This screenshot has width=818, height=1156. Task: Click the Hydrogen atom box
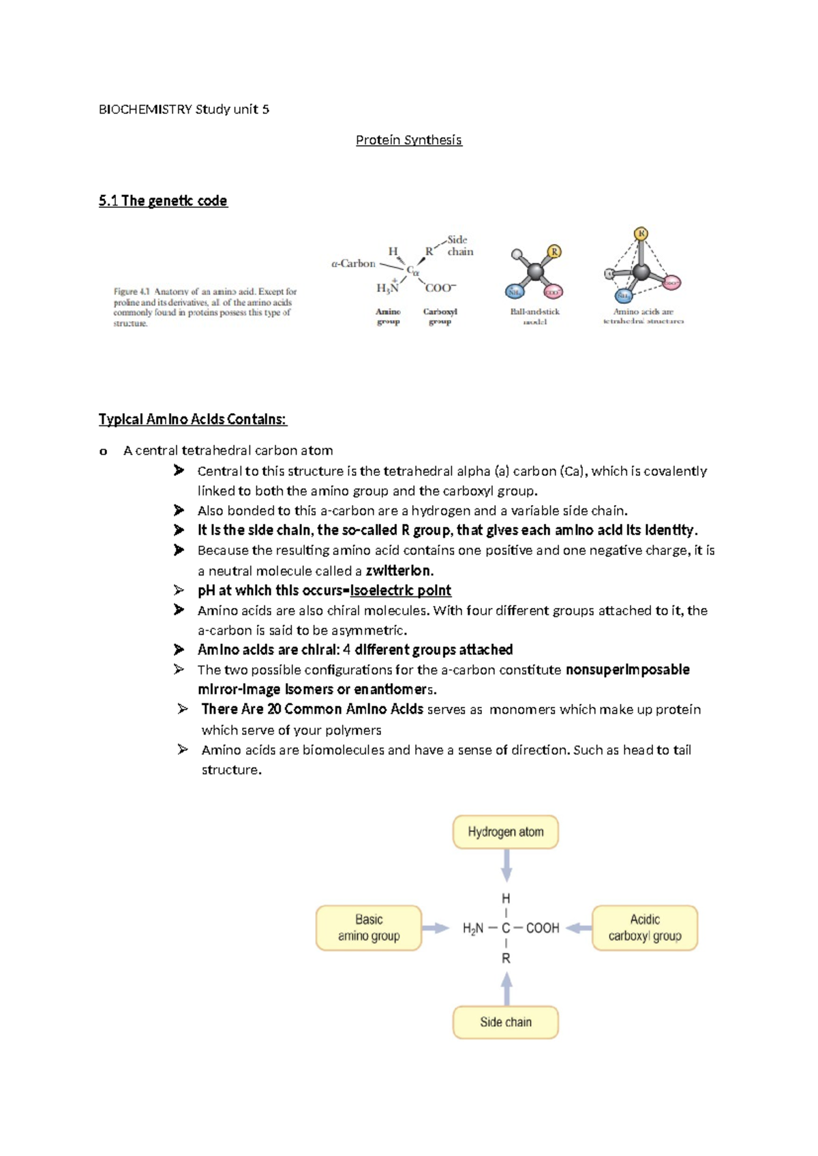[x=505, y=832]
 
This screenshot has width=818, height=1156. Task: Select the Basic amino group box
[x=369, y=928]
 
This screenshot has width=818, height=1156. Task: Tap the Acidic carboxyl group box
[x=644, y=928]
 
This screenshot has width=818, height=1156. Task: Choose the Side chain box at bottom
[x=505, y=1022]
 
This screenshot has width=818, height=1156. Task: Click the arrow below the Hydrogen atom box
[x=506, y=866]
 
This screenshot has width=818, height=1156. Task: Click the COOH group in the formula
[x=543, y=928]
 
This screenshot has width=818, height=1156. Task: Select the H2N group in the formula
[x=472, y=928]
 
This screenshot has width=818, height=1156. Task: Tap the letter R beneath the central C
[x=506, y=958]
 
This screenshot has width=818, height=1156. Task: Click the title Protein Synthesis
[x=408, y=140]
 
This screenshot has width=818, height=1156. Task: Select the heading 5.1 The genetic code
[x=163, y=200]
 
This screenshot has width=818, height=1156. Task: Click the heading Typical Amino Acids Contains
[x=193, y=419]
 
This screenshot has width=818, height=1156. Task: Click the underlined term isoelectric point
[x=400, y=590]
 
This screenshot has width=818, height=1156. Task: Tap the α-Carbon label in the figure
[x=353, y=263]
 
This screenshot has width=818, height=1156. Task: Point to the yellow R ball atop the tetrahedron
[x=641, y=234]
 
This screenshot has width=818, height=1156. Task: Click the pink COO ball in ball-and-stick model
[x=553, y=292]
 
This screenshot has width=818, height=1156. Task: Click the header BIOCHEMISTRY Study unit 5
[x=184, y=109]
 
